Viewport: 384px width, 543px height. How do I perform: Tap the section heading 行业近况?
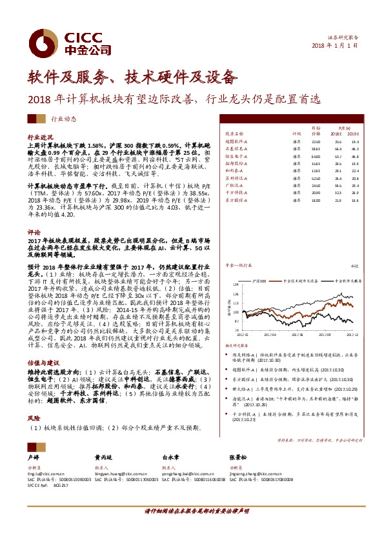39,138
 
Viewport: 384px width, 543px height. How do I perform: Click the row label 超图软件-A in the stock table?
237,141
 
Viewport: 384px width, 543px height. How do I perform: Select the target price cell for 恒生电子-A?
316,155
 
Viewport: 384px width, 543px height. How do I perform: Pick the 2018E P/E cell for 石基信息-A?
338,148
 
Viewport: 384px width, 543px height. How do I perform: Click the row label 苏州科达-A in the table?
237,178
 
